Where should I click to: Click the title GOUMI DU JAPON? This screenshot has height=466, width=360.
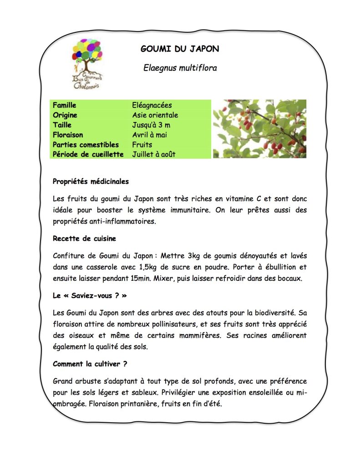click(180, 49)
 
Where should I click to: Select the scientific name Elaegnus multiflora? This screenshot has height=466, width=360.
click(180, 68)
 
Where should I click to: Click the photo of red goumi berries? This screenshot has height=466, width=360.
click(259, 129)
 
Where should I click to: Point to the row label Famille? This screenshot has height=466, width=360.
click(65, 106)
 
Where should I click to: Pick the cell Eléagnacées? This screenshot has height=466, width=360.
click(152, 106)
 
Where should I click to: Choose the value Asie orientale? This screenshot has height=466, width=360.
click(155, 115)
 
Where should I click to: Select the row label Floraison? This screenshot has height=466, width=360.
click(68, 135)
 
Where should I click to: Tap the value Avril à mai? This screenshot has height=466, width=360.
click(150, 135)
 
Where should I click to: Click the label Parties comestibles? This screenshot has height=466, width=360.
click(86, 145)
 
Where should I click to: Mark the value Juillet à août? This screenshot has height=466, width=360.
click(154, 154)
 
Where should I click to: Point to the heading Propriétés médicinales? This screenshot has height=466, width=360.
click(91, 181)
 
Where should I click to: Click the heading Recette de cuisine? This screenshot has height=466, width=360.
click(85, 238)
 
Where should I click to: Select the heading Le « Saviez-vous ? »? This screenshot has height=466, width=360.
click(90, 295)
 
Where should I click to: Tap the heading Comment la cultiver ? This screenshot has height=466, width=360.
click(90, 364)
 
